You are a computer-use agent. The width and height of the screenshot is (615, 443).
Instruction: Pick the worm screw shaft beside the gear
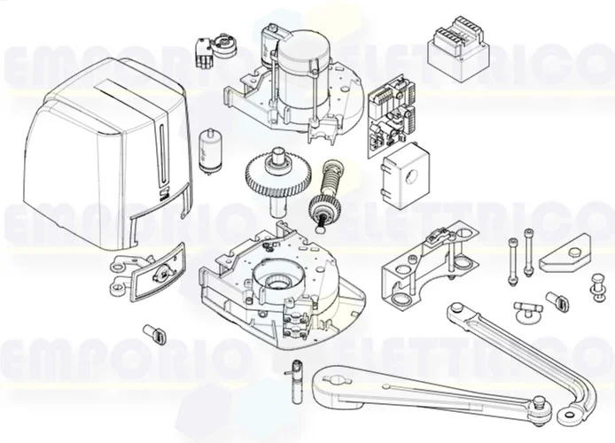click(x=324, y=190)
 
